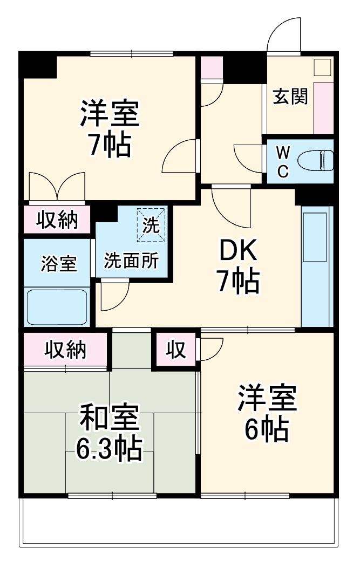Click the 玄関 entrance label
tap(290, 97)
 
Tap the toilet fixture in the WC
tap(315, 161)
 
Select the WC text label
tap(283, 162)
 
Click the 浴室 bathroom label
tap(58, 264)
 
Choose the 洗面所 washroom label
tap(131, 261)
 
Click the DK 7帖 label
tap(238, 265)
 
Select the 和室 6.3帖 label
tap(109, 433)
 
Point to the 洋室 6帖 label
tap(267, 414)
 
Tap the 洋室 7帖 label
tap(110, 128)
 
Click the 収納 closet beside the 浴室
tap(57, 220)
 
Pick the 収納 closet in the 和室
tap(66, 350)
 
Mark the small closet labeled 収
tap(176, 350)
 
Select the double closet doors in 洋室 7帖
tap(57, 187)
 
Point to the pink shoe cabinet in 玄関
tap(323, 108)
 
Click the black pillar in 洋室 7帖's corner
tap(38, 65)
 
